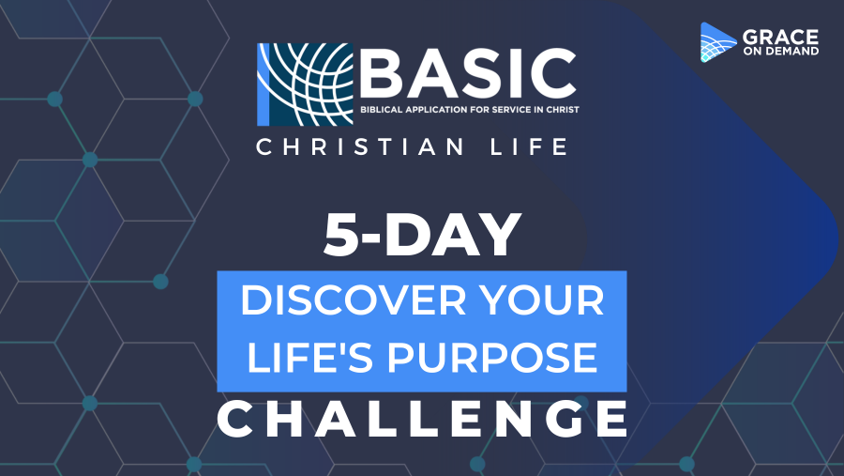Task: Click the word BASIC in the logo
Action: point(468,73)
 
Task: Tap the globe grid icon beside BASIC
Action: point(305,84)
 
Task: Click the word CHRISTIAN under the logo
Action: point(359,146)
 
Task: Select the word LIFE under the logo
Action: point(529,146)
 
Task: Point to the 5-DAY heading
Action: point(423,235)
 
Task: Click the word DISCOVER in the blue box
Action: point(354,300)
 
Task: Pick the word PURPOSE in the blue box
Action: point(492,357)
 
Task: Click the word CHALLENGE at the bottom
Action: point(423,419)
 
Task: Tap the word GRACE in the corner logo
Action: point(780,38)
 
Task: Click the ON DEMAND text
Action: point(781,52)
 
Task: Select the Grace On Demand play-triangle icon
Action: point(717,42)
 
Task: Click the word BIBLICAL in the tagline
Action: point(381,110)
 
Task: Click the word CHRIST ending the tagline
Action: point(564,110)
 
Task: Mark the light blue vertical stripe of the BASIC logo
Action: point(264,84)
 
